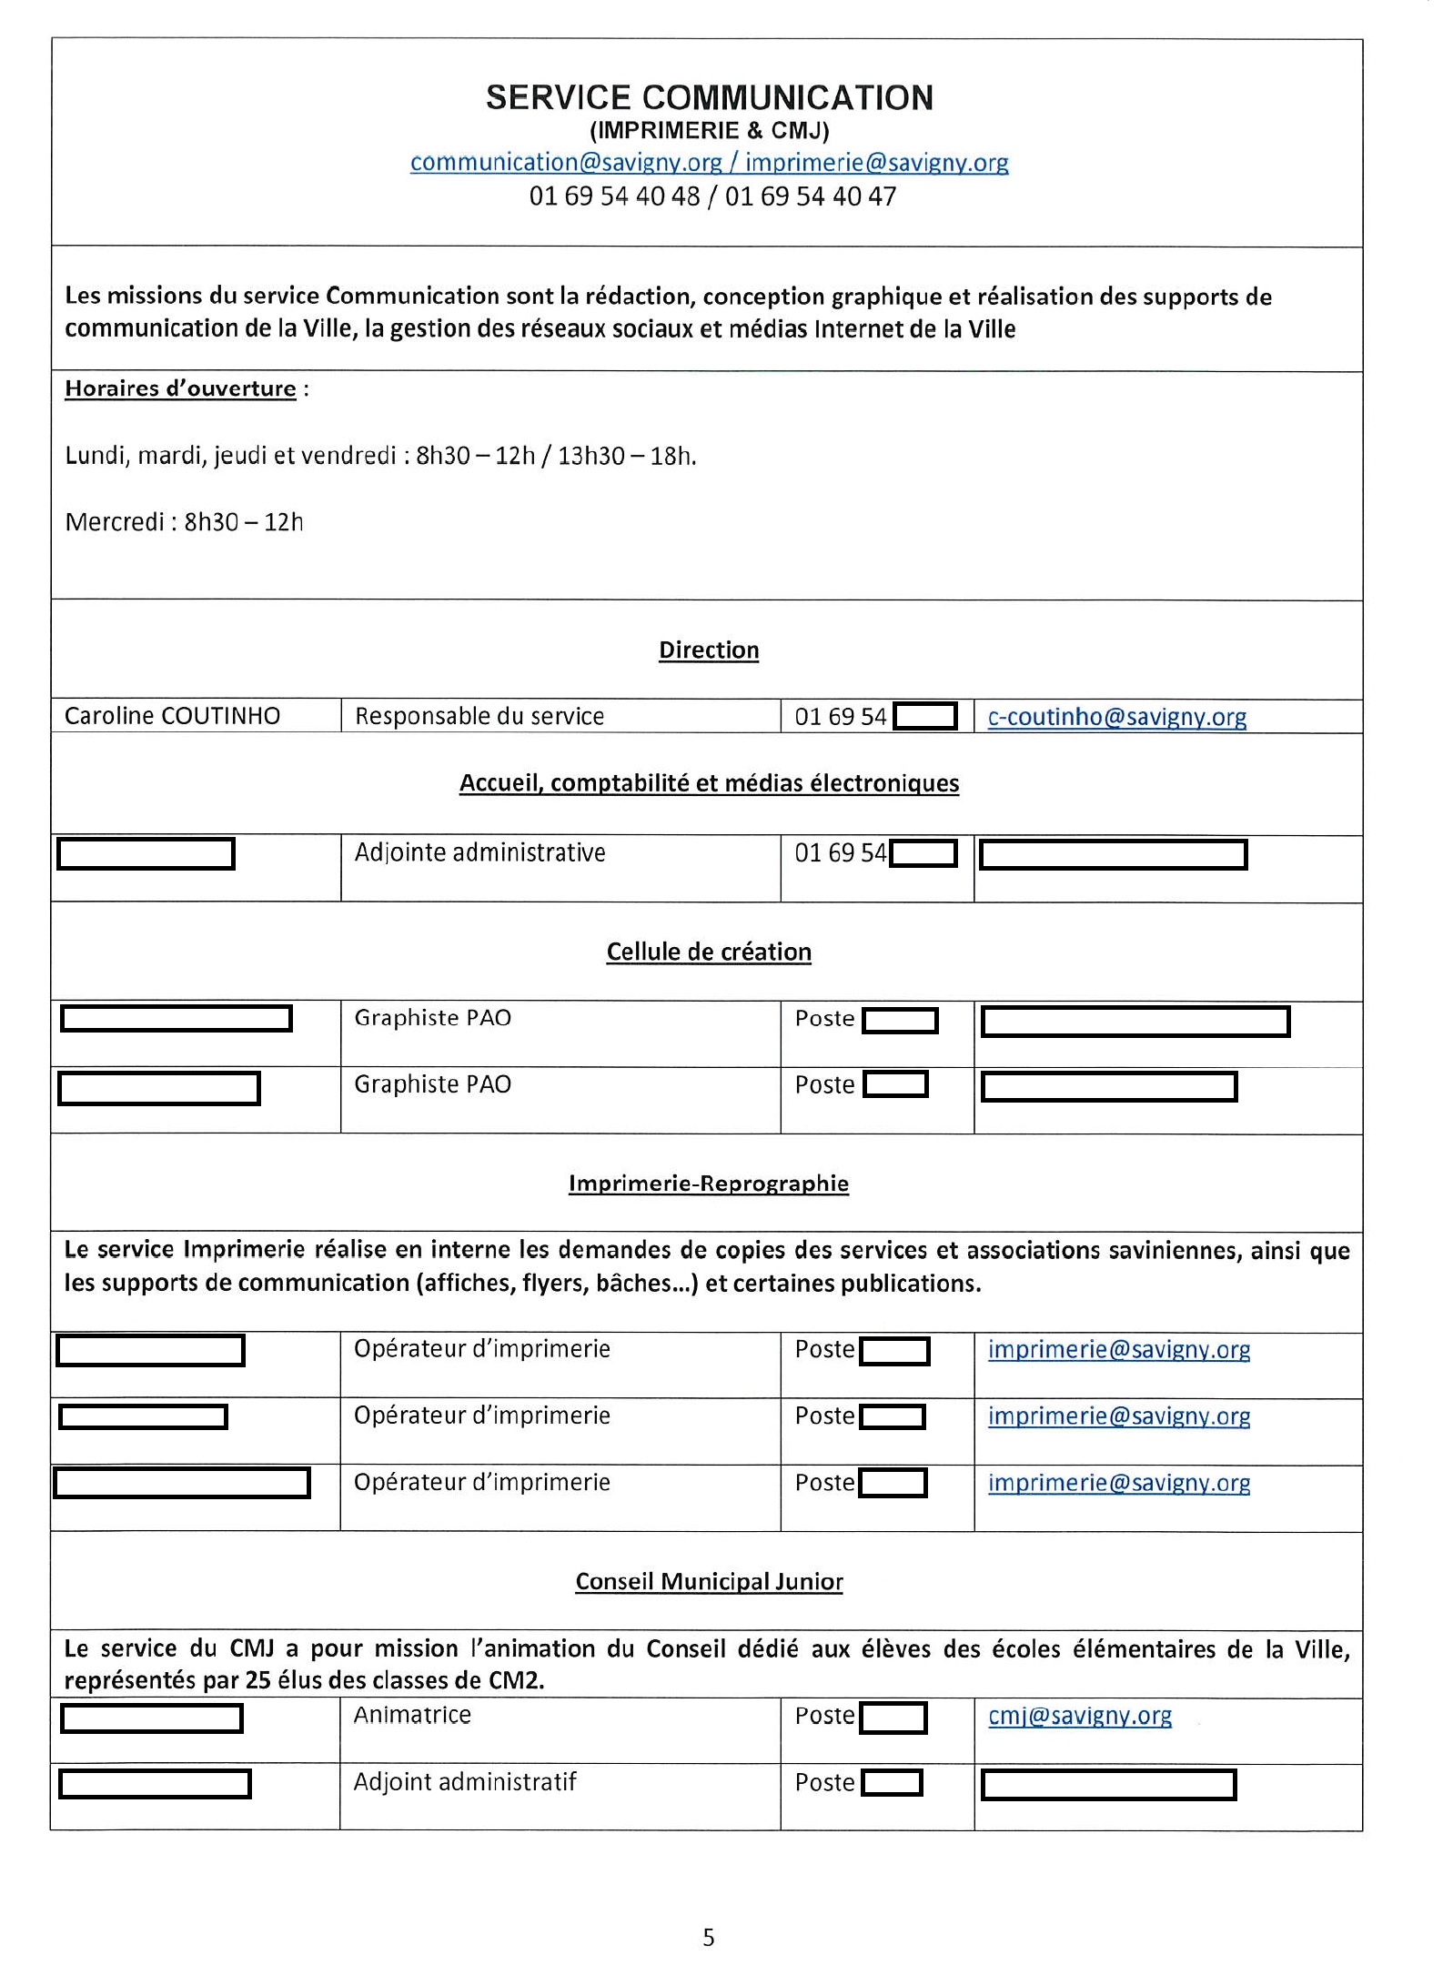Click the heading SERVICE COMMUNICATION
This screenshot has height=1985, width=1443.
[x=709, y=98]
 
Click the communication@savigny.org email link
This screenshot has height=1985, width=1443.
[x=565, y=163]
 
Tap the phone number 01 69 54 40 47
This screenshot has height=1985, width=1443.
[x=810, y=196]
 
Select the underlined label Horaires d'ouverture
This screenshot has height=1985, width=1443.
[x=180, y=389]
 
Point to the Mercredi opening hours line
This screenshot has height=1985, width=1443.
[x=184, y=522]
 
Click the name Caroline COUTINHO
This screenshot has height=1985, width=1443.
[x=172, y=716]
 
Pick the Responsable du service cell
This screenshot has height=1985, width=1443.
[x=479, y=717]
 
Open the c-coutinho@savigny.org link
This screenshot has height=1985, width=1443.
[x=1116, y=717]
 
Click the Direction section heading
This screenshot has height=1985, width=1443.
[x=709, y=650]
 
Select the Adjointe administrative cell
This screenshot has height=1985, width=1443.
[x=479, y=853]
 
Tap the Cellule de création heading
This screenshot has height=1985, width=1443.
[x=709, y=952]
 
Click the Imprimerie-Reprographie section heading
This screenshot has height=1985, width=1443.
[x=709, y=1184]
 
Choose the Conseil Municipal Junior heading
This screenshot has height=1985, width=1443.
[x=709, y=1582]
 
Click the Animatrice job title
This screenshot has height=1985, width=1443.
[x=412, y=1715]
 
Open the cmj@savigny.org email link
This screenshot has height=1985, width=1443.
[x=1080, y=1716]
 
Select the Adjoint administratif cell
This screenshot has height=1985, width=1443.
[x=465, y=1781]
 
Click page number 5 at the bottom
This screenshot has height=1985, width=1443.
[x=709, y=1939]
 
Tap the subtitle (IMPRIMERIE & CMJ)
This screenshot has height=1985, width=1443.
[x=709, y=131]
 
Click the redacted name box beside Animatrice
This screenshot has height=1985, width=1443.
[x=151, y=1718]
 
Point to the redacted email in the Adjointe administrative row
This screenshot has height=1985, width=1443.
[x=1113, y=855]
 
